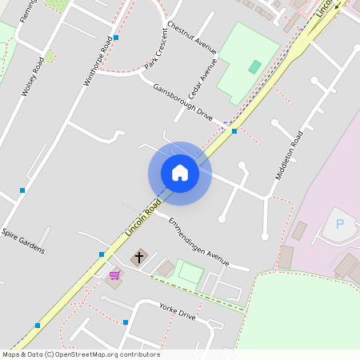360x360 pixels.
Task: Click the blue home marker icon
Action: click(180, 173)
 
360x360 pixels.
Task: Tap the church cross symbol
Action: click(139, 258)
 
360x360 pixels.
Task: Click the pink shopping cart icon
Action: click(114, 275)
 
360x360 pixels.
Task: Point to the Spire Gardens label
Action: click(23, 242)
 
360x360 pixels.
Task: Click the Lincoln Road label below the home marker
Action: click(138, 219)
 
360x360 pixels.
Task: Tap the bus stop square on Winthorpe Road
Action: click(116, 38)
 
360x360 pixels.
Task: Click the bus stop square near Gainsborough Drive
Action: click(234, 130)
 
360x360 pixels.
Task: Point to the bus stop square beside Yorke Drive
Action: click(126, 322)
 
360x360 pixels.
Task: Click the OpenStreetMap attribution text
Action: click(80, 354)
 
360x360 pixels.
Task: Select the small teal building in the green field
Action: click(254, 67)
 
